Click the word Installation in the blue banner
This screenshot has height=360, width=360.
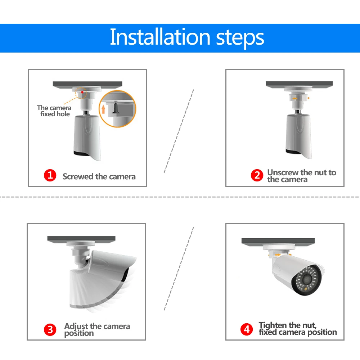[160, 37]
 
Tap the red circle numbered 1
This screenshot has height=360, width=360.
[50, 175]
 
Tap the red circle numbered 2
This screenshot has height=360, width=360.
[257, 175]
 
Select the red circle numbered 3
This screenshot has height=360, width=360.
[50, 330]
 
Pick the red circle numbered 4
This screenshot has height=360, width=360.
[247, 329]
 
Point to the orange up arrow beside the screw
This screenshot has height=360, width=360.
[103, 109]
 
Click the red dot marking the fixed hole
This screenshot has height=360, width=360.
[82, 92]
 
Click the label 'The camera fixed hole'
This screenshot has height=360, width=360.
[54, 111]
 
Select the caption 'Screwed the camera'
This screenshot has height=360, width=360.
[99, 176]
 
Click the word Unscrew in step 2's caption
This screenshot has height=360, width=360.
[283, 172]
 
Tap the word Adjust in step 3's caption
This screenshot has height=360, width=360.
[76, 327]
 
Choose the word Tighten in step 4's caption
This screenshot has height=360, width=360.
[273, 325]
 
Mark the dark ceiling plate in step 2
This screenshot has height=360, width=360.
[299, 84]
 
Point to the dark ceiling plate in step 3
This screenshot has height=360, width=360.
[81, 239]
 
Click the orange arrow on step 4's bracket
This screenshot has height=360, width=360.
[278, 255]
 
